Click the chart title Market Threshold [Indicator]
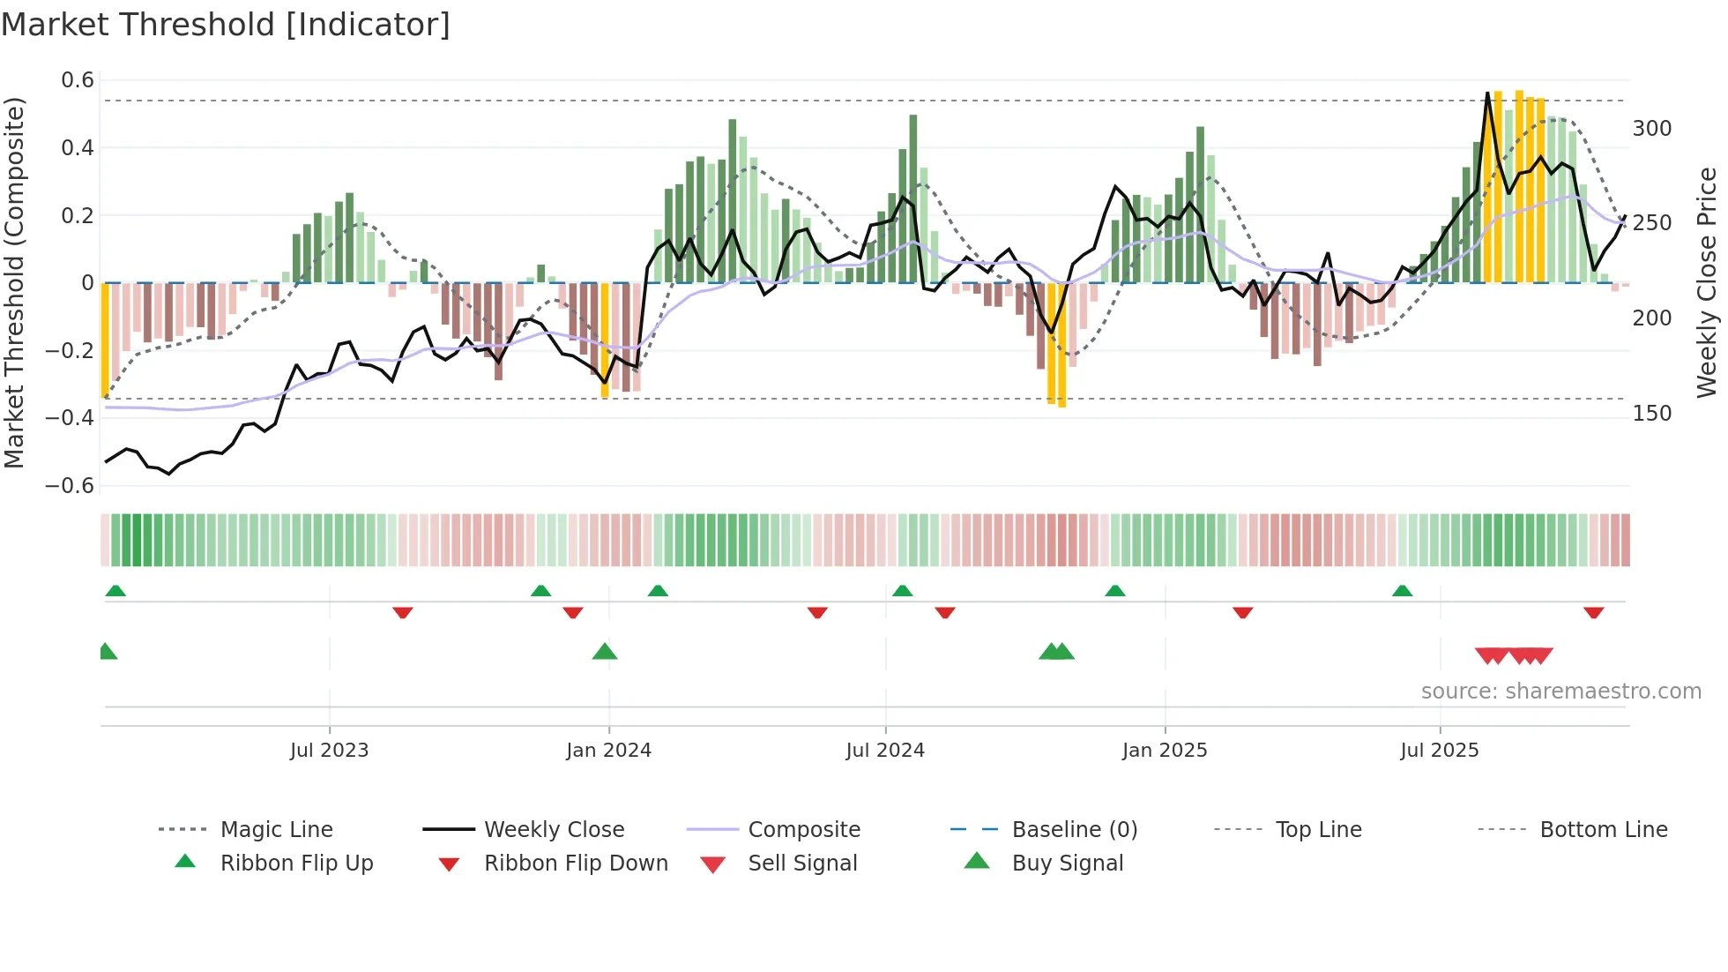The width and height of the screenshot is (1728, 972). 226,25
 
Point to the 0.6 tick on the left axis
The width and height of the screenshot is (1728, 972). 78,80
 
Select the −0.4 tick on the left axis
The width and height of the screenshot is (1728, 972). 70,418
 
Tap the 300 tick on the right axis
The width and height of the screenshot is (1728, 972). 1651,129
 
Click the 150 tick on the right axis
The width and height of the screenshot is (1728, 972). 1651,414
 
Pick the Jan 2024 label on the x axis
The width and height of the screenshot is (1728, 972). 608,751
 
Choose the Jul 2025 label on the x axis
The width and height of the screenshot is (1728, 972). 1439,751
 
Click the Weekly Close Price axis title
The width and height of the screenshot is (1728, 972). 1707,282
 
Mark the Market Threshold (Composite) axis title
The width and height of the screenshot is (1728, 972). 14,282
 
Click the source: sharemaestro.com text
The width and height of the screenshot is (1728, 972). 1560,692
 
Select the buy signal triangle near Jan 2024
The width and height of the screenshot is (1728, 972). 605,653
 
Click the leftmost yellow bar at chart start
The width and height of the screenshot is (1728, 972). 105,340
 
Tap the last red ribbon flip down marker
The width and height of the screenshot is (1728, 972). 1593,612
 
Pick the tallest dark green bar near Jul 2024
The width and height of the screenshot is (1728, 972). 913,198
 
